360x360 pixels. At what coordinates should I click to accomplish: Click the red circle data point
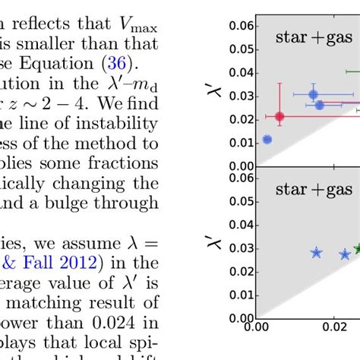279,116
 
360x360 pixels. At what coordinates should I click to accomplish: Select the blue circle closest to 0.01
267,139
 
